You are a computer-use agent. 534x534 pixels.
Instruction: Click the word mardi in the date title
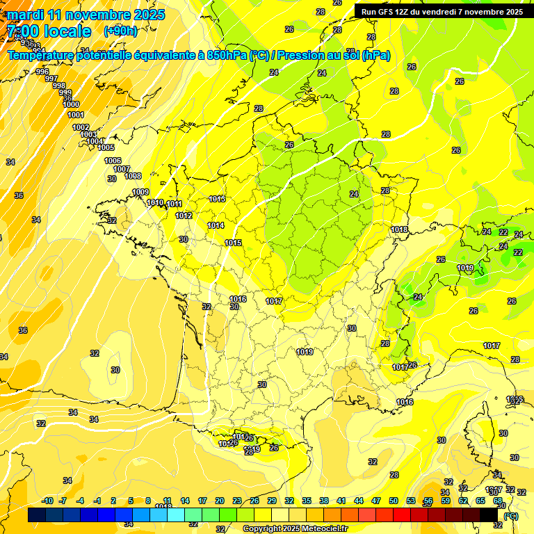pyautogui.click(x=25, y=15)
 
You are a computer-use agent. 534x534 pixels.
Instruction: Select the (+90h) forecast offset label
pyautogui.click(x=120, y=31)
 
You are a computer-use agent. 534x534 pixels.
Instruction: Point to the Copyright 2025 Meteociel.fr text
pyautogui.click(x=296, y=528)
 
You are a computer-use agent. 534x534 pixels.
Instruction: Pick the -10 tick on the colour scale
pyautogui.click(x=47, y=501)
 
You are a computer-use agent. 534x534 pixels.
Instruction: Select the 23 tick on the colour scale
pyautogui.click(x=237, y=501)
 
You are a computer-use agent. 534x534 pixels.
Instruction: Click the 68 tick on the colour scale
pyautogui.click(x=498, y=501)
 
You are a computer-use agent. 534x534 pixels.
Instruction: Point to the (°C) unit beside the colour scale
pyautogui.click(x=511, y=515)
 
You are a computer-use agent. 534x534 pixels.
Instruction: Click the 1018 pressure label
pyautogui.click(x=399, y=229)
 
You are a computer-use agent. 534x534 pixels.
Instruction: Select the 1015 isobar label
pyautogui.click(x=233, y=243)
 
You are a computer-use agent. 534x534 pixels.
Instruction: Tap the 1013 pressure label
pyautogui.click(x=217, y=199)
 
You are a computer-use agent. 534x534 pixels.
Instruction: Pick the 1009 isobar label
pyautogui.click(x=140, y=192)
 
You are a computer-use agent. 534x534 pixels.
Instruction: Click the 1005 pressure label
pyautogui.click(x=106, y=147)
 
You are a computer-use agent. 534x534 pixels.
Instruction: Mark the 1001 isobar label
pyautogui.click(x=76, y=115)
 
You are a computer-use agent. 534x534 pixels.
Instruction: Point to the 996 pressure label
pyautogui.click(x=42, y=72)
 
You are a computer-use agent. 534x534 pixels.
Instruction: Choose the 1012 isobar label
pyautogui.click(x=184, y=216)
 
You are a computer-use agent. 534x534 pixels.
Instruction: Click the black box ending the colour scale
pyautogui.click(x=489, y=515)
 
